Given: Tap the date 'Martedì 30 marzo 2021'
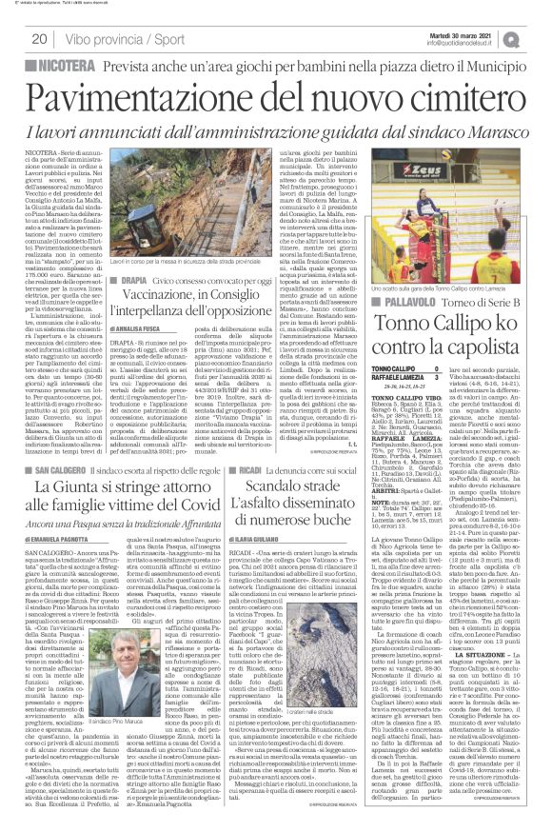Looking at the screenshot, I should click(479, 34).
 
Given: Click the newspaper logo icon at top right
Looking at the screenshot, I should click(537, 39).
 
